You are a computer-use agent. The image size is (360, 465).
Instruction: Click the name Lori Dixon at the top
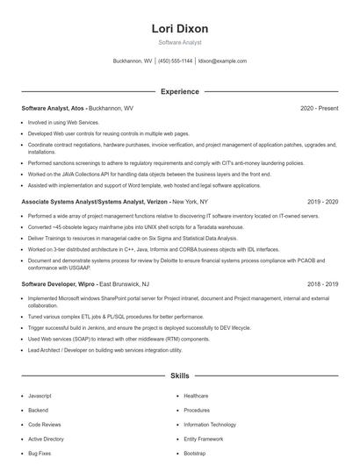click(x=179, y=28)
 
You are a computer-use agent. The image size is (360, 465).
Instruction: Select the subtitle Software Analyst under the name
click(x=179, y=42)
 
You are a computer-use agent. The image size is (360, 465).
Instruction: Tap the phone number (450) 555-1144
click(x=175, y=61)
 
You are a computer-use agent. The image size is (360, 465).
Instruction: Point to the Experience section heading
click(x=179, y=91)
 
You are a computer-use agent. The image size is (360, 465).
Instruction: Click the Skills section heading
click(x=179, y=376)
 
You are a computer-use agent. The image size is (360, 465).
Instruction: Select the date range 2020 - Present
click(x=319, y=108)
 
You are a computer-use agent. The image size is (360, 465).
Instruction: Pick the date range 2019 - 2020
click(x=322, y=201)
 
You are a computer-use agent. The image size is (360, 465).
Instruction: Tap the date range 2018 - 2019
click(x=322, y=284)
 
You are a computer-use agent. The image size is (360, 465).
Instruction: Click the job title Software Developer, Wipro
click(x=58, y=284)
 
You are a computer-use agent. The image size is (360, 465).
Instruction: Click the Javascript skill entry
click(x=40, y=396)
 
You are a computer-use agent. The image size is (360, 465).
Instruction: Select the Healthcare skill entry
click(x=196, y=396)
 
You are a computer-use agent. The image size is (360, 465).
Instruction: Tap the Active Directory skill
click(x=46, y=438)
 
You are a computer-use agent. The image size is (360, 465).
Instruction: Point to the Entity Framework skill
click(x=203, y=438)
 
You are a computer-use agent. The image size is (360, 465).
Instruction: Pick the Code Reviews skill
click(x=43, y=424)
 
